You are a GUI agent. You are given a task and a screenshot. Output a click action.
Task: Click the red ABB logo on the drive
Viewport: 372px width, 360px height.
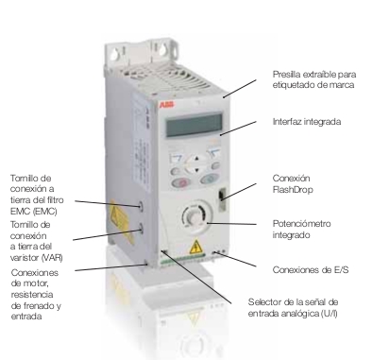166,105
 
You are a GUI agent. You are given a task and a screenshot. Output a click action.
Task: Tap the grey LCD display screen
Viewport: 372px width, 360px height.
194,125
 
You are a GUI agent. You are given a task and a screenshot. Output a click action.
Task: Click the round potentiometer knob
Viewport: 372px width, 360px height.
194,217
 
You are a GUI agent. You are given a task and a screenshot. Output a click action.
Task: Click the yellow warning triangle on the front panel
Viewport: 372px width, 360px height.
195,247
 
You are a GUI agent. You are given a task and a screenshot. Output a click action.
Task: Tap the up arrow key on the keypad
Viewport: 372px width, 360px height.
196,159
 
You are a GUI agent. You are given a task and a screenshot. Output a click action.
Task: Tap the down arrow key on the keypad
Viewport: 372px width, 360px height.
196,170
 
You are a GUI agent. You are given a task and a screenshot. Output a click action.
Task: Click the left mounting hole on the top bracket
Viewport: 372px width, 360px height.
114,55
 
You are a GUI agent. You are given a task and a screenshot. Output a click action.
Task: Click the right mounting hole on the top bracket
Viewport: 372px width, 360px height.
163,49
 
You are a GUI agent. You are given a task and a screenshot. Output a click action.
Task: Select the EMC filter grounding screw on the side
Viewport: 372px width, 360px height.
141,206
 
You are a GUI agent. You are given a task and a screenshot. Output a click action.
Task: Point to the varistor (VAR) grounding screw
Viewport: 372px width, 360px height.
141,228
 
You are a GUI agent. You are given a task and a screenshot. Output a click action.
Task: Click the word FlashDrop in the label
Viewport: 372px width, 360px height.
293,189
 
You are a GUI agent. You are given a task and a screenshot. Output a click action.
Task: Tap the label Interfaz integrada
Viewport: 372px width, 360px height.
307,122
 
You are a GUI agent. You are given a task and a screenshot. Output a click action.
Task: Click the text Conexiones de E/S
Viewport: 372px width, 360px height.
311,270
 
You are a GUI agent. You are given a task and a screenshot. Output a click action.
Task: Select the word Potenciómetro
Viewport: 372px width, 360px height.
301,224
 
